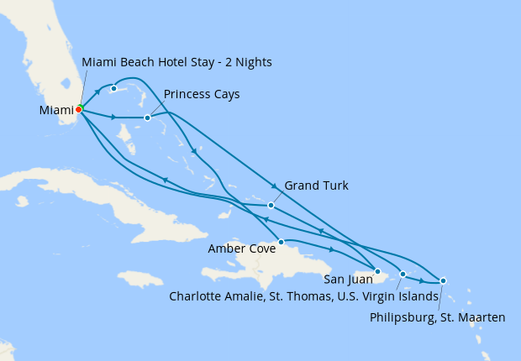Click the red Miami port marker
tap(79, 109)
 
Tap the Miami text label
tap(55, 110)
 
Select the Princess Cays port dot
tap(147, 118)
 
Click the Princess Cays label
tap(202, 94)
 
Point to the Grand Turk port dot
tap(271, 205)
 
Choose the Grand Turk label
tap(316, 186)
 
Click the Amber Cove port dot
tap(281, 242)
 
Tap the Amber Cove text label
tap(242, 249)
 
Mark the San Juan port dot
tap(377, 271)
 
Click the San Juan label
tap(346, 280)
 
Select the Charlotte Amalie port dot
tap(403, 274)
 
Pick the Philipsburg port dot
tap(443, 280)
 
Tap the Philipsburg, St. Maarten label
tap(438, 317)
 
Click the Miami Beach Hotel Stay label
tap(176, 63)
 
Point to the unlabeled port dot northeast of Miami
tap(113, 88)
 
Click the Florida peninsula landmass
tap(46, 50)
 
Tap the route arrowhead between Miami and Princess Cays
tap(113, 117)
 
